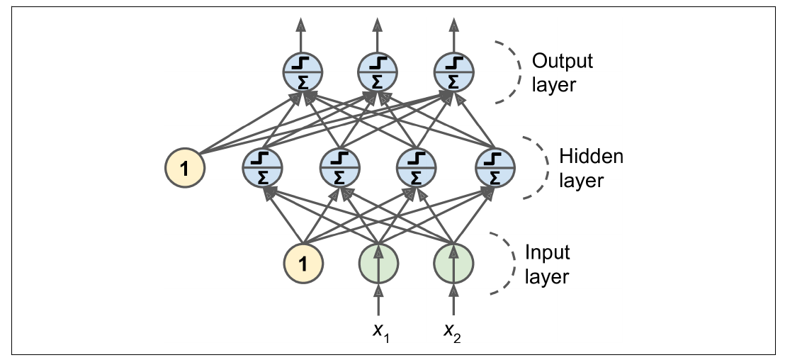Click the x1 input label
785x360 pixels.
[x=383, y=332]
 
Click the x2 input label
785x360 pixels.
[x=452, y=332]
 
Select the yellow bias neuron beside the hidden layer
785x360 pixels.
[x=184, y=168]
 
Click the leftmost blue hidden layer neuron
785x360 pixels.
[x=263, y=168]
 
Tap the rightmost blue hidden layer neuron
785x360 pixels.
[x=495, y=168]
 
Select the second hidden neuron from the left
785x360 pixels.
[x=340, y=168]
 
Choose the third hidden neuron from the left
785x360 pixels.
[x=417, y=168]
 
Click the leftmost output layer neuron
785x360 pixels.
[x=303, y=72]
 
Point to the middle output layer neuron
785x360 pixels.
[x=378, y=72]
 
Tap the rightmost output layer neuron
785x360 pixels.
[x=453, y=72]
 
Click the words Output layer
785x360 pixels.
[x=562, y=72]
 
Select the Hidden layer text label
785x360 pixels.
[x=591, y=167]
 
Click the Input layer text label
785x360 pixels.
[x=547, y=264]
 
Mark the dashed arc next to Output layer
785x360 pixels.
[x=509, y=72]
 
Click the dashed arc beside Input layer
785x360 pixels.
[x=504, y=264]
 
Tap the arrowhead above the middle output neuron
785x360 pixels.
[x=378, y=26]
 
